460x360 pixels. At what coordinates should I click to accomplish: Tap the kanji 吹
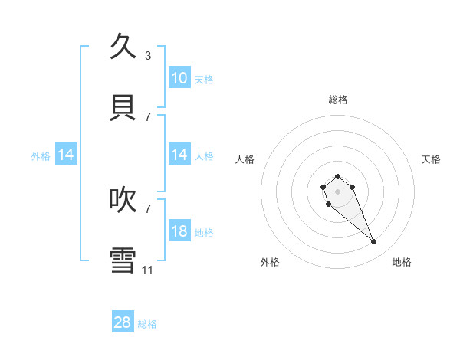pos(123,199)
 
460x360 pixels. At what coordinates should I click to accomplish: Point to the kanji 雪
pos(123,260)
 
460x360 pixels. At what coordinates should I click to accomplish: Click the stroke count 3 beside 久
pos(148,55)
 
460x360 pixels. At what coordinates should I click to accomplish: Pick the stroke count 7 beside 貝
pos(148,116)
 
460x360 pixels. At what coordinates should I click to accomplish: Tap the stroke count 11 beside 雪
pos(148,270)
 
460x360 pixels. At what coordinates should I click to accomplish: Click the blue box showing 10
pos(179,78)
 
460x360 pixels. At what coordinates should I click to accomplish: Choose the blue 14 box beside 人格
pos(179,155)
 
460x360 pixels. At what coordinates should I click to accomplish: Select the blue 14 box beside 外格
pos(66,155)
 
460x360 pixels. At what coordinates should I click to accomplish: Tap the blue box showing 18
pos(179,231)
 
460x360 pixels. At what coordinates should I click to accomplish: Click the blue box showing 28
pos(123,322)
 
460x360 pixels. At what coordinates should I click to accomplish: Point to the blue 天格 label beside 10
pos(204,80)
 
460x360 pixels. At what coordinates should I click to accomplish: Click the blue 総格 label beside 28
pos(147,324)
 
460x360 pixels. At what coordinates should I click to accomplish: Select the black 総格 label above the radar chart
pos(337,100)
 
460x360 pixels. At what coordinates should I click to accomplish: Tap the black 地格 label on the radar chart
pos(402,262)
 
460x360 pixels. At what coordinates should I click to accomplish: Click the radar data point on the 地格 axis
pos(374,242)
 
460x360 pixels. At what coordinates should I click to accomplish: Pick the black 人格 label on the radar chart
pos(245,159)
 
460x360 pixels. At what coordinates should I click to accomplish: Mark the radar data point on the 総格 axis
pos(337,176)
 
